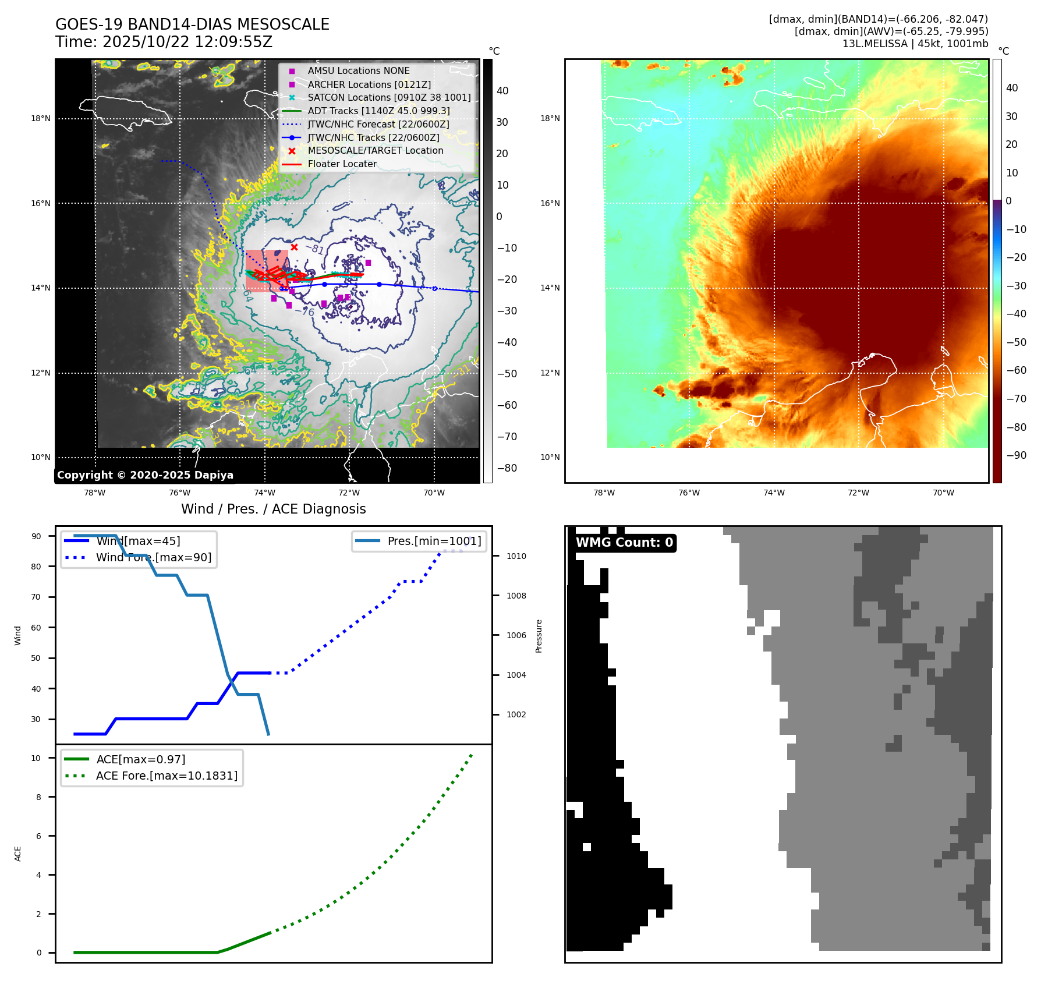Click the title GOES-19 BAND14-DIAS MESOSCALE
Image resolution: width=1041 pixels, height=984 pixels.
(x=192, y=24)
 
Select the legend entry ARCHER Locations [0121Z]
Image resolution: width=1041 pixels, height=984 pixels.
(x=369, y=84)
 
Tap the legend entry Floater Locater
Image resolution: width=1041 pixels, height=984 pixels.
(x=342, y=164)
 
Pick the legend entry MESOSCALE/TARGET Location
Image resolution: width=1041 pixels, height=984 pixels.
(x=375, y=151)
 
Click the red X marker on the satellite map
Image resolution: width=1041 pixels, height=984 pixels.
(x=294, y=247)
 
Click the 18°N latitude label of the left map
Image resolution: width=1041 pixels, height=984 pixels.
(x=41, y=119)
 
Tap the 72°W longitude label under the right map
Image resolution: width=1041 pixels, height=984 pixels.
(x=858, y=493)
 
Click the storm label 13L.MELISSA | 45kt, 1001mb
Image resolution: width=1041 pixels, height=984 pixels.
(x=915, y=44)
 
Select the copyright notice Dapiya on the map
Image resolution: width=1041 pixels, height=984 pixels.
(x=145, y=475)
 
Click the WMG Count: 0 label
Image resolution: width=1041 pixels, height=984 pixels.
(x=624, y=543)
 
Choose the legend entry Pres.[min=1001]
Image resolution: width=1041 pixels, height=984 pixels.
(x=434, y=541)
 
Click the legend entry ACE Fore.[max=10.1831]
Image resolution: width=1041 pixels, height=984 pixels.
(x=167, y=776)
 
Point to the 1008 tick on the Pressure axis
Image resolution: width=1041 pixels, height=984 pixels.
(x=516, y=596)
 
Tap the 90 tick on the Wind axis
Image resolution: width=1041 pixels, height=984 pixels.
(x=36, y=536)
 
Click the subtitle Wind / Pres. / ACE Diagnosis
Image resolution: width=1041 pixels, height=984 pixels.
(x=274, y=509)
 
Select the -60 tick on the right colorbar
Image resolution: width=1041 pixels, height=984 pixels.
(x=1017, y=370)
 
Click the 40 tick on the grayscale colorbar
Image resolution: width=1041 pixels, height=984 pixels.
(x=502, y=91)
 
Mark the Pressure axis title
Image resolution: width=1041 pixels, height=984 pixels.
(x=539, y=636)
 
